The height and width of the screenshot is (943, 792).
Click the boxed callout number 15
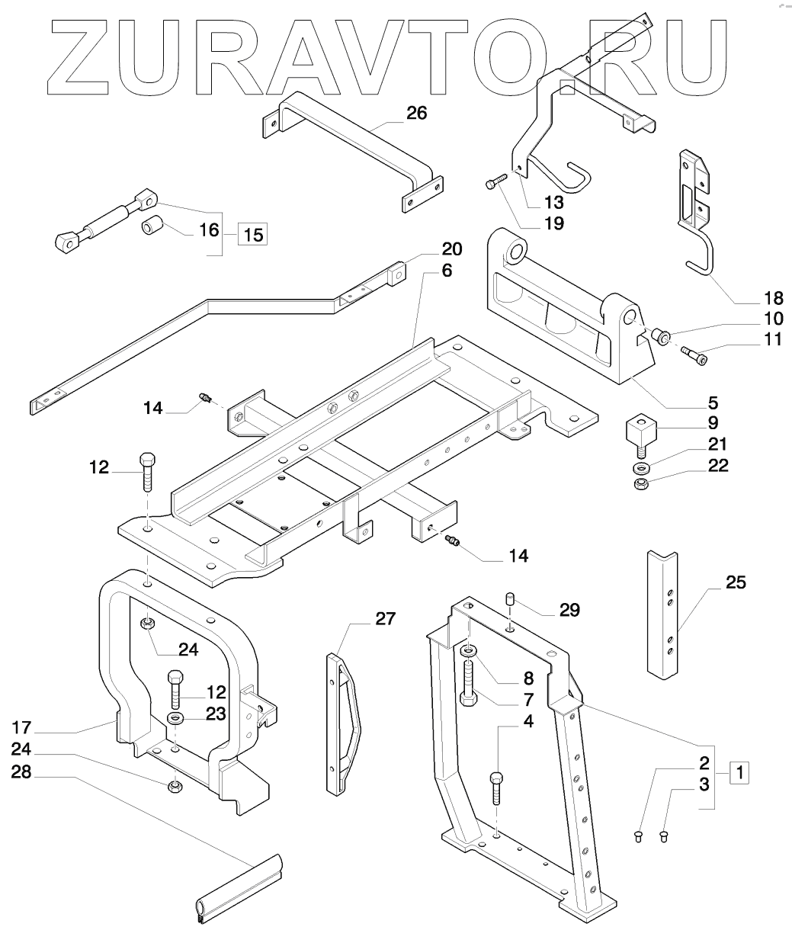click(x=253, y=234)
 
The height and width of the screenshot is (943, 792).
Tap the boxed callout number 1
click(x=739, y=772)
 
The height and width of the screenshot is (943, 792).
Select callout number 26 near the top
click(x=416, y=113)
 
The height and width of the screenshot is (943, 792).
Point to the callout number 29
click(x=569, y=610)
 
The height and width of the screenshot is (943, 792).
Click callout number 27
click(x=385, y=619)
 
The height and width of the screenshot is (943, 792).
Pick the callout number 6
click(x=447, y=271)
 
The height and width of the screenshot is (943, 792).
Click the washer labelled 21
click(x=641, y=467)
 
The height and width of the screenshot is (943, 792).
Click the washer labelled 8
click(x=468, y=651)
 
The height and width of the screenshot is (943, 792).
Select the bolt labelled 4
click(x=496, y=788)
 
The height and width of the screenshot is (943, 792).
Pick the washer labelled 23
click(x=175, y=717)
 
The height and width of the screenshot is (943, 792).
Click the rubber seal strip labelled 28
click(x=239, y=885)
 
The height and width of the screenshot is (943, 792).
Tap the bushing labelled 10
click(x=661, y=336)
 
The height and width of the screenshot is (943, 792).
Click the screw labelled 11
click(x=694, y=355)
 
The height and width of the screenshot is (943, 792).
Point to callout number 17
click(x=21, y=727)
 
